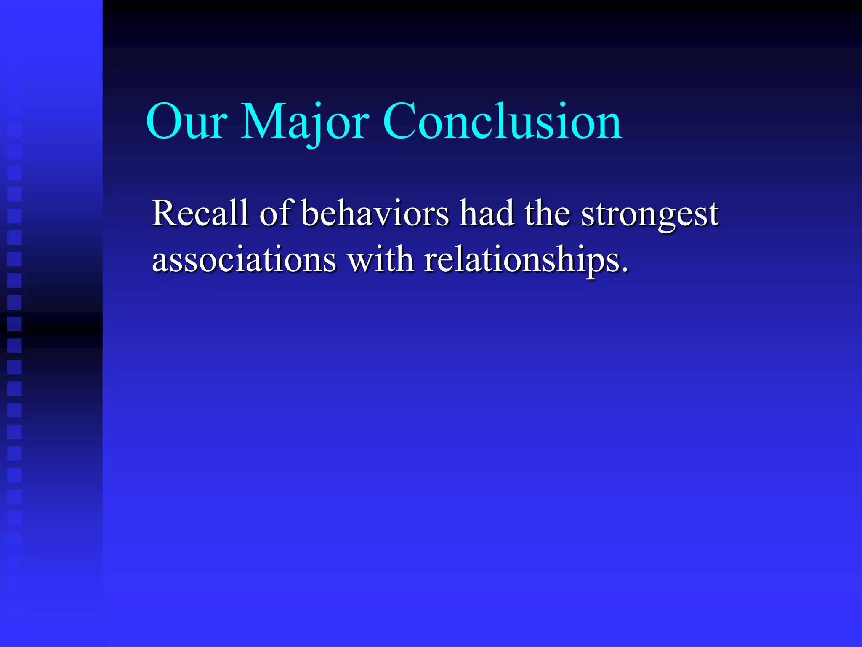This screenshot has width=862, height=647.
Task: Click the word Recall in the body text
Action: [x=200, y=214]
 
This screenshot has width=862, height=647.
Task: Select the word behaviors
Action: [x=375, y=214]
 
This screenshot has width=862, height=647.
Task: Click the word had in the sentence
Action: [x=487, y=214]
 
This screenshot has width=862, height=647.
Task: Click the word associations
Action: [x=244, y=260]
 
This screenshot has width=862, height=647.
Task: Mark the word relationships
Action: [x=522, y=260]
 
